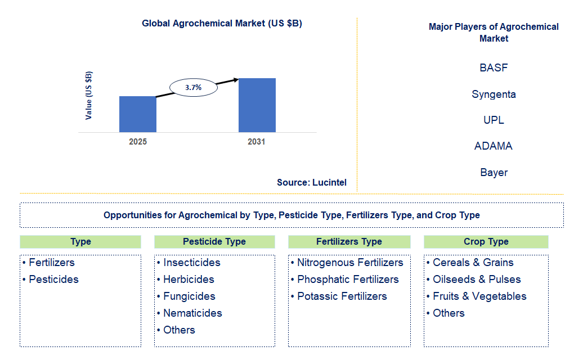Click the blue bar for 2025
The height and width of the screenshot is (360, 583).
(138, 114)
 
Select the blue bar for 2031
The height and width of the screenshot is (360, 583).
(257, 105)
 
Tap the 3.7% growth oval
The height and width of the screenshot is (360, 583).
(193, 87)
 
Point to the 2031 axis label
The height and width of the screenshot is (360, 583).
(256, 142)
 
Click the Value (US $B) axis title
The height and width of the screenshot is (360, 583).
(89, 96)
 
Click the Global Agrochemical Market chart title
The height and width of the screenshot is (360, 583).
(222, 24)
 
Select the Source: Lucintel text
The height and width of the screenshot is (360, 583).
(312, 182)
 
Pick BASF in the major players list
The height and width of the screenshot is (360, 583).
(494, 68)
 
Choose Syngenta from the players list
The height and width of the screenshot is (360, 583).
(494, 94)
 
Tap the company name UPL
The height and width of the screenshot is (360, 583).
(494, 120)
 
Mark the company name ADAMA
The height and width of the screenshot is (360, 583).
(494, 146)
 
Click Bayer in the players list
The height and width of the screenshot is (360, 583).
(494, 173)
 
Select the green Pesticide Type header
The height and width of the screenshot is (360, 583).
(214, 242)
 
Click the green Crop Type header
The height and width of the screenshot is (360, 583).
(486, 242)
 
